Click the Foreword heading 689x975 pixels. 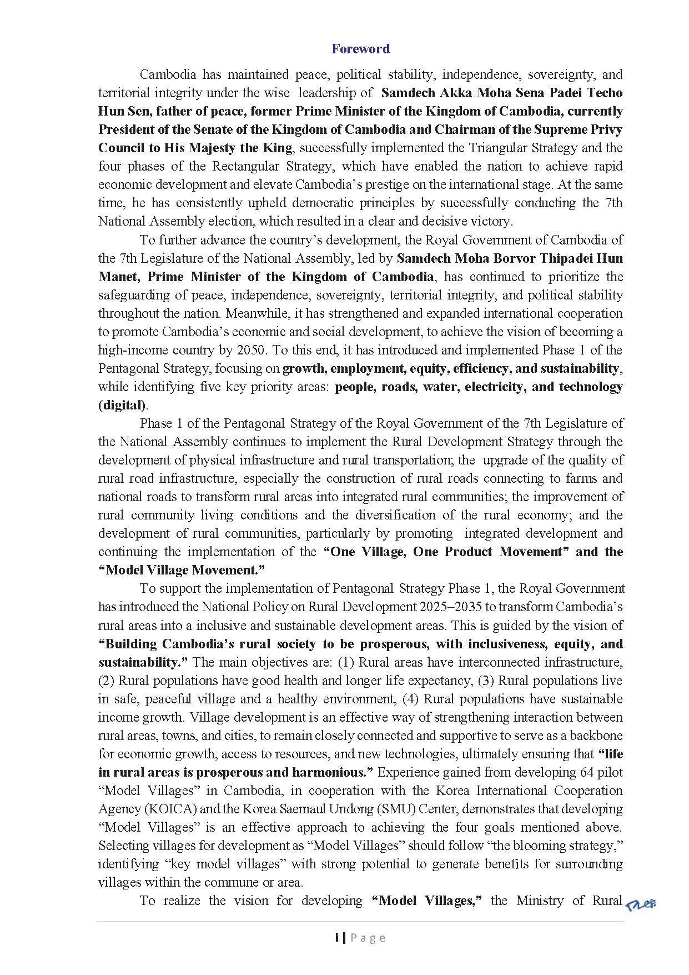(x=360, y=49)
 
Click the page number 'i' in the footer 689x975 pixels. (x=337, y=938)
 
